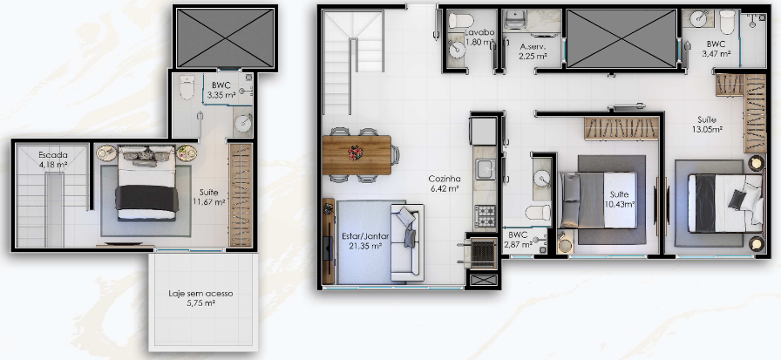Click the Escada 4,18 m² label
53,159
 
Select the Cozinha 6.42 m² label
445,183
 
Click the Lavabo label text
479,33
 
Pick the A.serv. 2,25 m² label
533,51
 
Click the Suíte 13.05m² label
706,125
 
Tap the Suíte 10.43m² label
619,199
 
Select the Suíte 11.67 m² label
209,196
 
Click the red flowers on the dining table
355,153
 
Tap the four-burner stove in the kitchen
485,216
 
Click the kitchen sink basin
485,170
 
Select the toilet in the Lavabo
461,21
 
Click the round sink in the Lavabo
456,50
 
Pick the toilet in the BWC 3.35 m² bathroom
187,87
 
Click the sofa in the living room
407,241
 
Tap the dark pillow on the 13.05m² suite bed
737,199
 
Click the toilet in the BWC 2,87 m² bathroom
538,213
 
